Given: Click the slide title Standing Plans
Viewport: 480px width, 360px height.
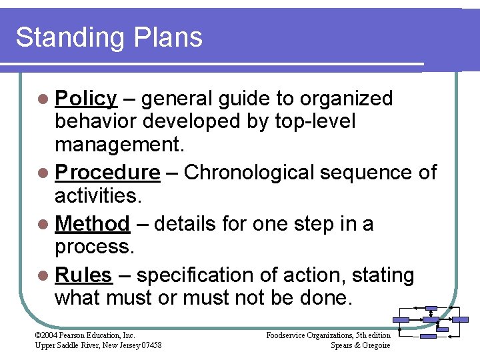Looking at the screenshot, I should point(109,37).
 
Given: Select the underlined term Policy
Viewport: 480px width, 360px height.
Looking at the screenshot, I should point(86,99).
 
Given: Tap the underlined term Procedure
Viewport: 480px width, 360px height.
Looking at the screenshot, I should point(107,173).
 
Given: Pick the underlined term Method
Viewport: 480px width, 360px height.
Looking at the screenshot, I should point(92,224).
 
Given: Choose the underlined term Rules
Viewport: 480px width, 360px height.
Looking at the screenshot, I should point(83,275).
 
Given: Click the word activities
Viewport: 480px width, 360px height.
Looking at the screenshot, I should point(95,196).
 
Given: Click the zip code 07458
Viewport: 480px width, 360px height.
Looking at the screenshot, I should point(149,345).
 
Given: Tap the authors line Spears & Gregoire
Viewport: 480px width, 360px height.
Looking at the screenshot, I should point(360,345).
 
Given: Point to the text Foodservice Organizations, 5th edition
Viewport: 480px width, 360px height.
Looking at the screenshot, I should point(328,335).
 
